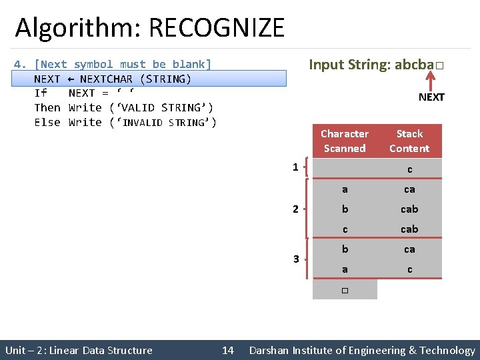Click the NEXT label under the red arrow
click(431, 97)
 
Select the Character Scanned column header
click(344, 141)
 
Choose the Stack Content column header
click(409, 141)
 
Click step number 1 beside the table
click(295, 167)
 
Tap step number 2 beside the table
click(295, 209)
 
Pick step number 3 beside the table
click(295, 259)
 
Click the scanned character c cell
click(345, 229)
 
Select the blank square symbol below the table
click(345, 290)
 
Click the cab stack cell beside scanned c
click(409, 229)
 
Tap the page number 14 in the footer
click(228, 350)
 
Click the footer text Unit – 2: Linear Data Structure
click(79, 350)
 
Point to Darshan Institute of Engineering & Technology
click(362, 350)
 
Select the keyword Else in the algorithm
click(47, 122)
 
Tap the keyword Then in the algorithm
click(47, 107)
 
